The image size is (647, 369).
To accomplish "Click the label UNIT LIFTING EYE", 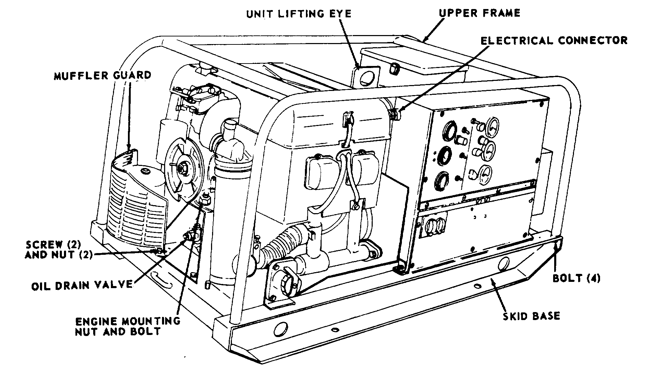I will (x=299, y=14).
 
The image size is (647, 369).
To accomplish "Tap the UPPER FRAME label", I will (x=479, y=13).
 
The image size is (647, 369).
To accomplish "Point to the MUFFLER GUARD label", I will (x=103, y=75).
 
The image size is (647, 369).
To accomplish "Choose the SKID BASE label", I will (x=532, y=316).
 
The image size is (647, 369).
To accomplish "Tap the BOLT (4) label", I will (x=576, y=278).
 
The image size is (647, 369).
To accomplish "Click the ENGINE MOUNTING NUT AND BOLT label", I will (x=128, y=326).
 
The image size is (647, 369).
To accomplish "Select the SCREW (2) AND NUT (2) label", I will (x=58, y=249).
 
